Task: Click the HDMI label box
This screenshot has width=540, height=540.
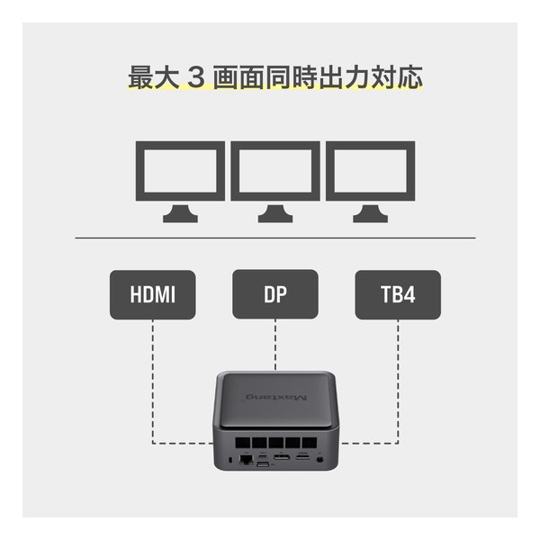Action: (153, 294)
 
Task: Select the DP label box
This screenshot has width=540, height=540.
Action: (275, 294)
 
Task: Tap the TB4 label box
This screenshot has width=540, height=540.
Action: (398, 294)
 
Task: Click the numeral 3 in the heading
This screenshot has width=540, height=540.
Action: (196, 77)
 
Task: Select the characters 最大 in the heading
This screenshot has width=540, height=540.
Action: (154, 77)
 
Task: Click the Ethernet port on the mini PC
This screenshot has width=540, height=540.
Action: (246, 459)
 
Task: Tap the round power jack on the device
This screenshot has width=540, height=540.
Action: (319, 459)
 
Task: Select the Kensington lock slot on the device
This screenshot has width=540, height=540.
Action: (230, 460)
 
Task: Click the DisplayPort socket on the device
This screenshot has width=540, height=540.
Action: (282, 457)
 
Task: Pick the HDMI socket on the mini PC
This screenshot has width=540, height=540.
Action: (302, 457)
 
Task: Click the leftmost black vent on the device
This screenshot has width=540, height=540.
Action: (242, 443)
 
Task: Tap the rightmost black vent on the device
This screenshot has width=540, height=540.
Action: (310, 443)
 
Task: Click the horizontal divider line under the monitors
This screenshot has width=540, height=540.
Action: (275, 238)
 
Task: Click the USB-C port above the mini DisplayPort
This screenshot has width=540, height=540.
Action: (263, 457)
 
